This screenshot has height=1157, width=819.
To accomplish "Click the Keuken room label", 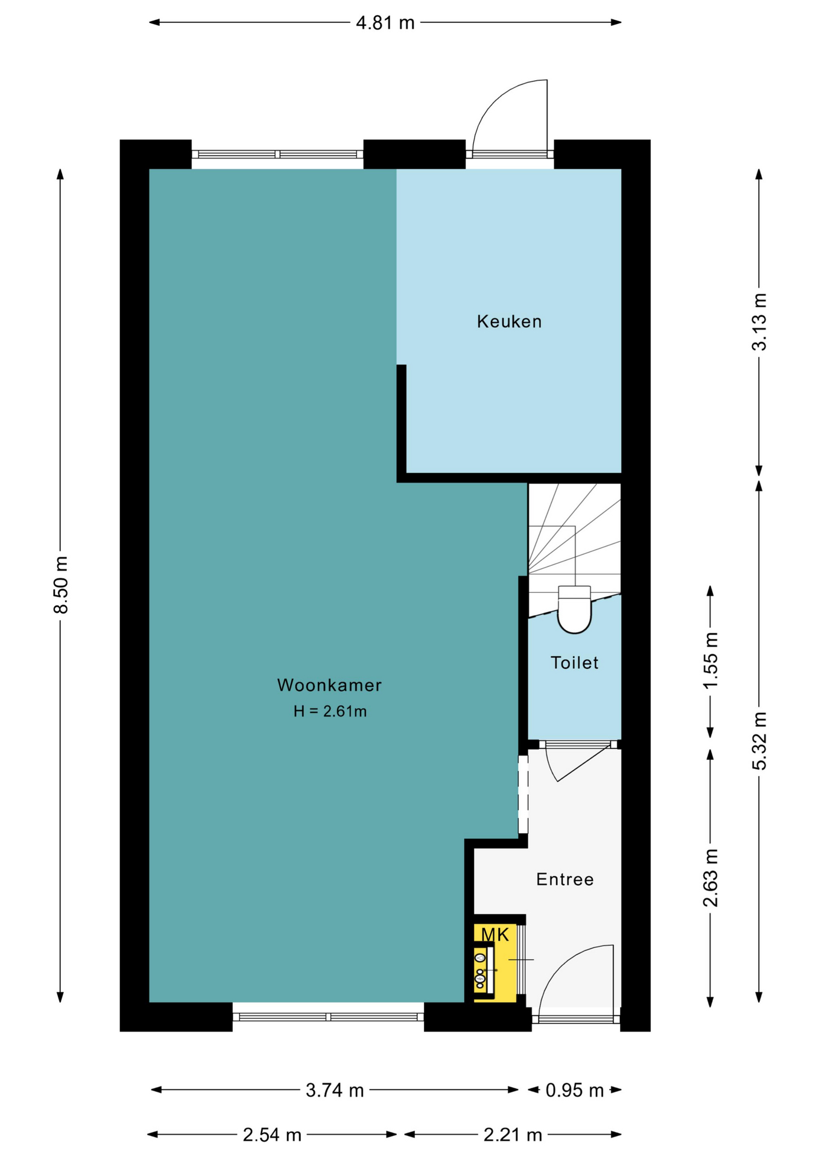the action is point(509,322).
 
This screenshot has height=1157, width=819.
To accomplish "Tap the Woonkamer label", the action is point(329,685).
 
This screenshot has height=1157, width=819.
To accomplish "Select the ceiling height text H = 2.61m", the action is point(330,712).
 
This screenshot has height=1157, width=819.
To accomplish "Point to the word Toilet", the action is point(574,663).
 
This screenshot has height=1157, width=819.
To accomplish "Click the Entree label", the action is point(565,879).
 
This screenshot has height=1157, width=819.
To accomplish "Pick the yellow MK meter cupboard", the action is point(495,962).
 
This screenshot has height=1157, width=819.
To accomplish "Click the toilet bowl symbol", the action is point(574,609).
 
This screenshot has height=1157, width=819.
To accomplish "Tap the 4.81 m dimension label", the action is point(385,23).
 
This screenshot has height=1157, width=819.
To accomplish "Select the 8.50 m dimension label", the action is point(60,585).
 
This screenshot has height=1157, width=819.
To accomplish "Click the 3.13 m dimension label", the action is point(759,322).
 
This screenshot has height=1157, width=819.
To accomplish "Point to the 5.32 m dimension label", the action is point(759,741).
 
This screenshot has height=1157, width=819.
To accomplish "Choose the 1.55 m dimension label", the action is point(710,660).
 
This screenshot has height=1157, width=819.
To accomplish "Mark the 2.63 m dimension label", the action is point(710,877).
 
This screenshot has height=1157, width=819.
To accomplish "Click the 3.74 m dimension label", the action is point(335,1090).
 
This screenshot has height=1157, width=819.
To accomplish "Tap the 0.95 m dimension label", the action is point(575,1090).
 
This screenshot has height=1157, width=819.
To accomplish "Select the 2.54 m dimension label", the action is point(272,1135).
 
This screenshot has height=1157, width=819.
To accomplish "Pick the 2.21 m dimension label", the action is point(513,1135).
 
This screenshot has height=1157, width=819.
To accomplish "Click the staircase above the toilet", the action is point(574,542).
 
